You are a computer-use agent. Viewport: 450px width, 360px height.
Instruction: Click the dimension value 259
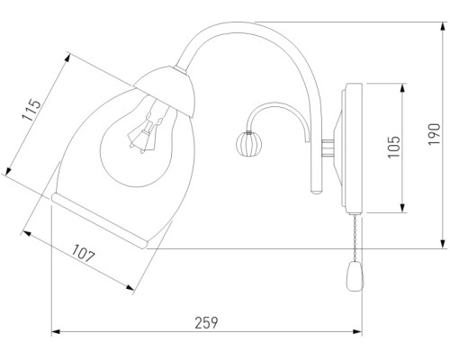point(206,323)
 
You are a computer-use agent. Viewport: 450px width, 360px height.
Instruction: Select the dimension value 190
point(434,134)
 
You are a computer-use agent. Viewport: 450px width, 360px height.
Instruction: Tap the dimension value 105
point(393,147)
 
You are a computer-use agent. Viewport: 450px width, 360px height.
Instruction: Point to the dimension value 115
point(31,110)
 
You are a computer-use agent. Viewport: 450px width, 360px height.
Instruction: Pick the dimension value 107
point(83,254)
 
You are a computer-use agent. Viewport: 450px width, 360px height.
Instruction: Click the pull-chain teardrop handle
point(355,276)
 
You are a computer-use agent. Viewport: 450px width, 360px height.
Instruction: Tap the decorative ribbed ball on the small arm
point(248,144)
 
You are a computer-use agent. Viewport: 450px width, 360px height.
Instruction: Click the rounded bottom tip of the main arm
point(316,191)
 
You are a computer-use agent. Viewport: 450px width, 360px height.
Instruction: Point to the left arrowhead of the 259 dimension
point(56,331)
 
